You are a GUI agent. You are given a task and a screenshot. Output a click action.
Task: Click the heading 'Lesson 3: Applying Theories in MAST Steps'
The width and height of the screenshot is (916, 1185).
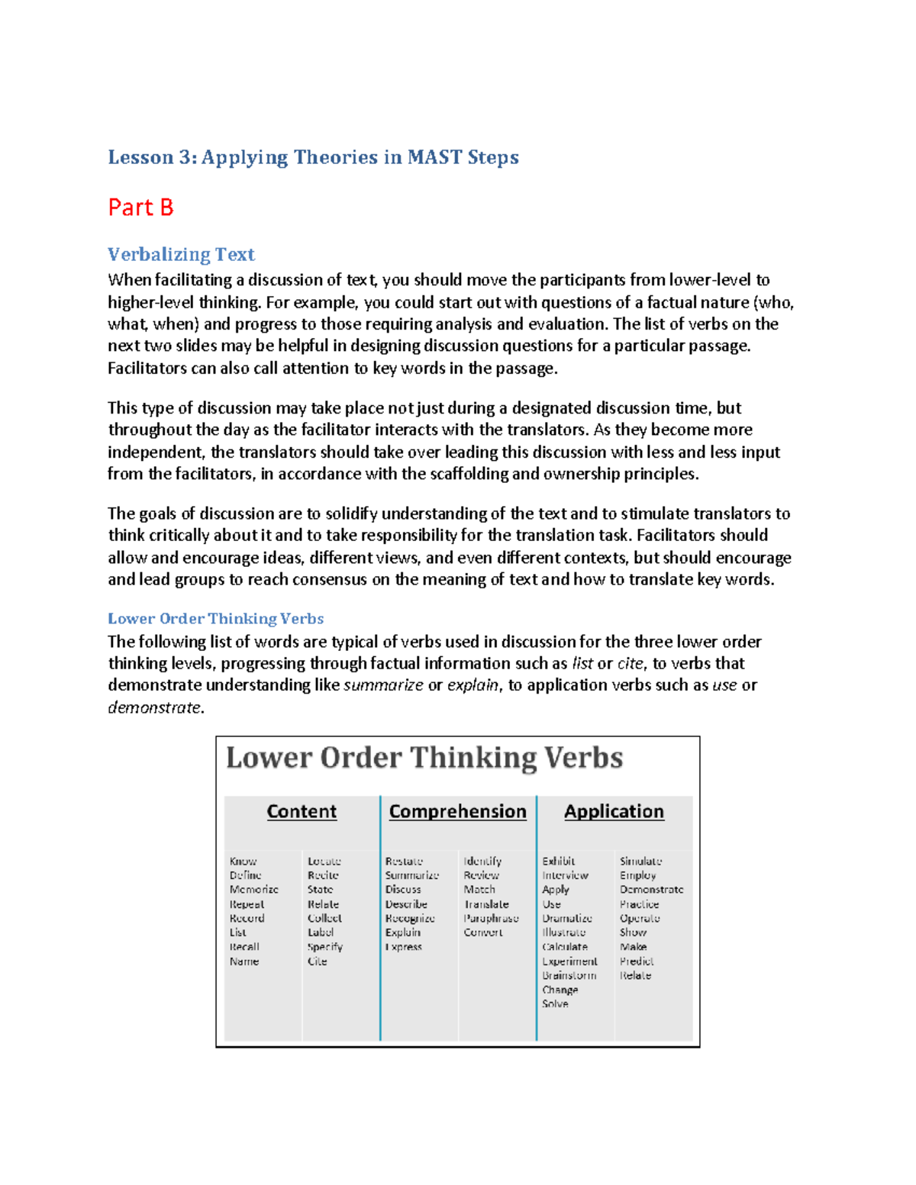pos(313,157)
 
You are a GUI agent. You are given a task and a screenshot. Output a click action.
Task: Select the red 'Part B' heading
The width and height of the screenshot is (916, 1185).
pos(141,208)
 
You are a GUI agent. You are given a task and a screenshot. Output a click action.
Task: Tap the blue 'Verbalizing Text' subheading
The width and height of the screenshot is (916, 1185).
pos(181,254)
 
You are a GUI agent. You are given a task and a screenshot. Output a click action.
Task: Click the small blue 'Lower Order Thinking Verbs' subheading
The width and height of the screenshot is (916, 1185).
pos(215,618)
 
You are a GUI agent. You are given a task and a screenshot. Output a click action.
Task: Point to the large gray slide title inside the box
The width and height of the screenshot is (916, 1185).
pos(424,758)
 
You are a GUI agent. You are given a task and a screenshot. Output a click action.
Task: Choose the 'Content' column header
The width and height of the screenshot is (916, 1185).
pos(302,811)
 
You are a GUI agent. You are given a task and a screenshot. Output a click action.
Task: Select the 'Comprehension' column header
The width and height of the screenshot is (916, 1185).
pos(457,811)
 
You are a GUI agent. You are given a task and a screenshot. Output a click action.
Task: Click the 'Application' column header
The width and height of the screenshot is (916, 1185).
pos(614,811)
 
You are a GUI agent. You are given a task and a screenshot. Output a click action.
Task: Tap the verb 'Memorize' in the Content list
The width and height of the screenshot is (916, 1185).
pos(253,890)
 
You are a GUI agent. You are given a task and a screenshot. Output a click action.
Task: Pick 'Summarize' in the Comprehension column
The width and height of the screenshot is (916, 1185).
pos(411,875)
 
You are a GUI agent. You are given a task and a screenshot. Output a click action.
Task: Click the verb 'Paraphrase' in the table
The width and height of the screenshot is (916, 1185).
pos(491,918)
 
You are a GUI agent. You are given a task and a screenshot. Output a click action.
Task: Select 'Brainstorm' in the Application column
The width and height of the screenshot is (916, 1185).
pos(569,975)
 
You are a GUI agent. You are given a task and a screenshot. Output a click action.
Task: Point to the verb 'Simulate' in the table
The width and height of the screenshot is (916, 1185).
pos(640,861)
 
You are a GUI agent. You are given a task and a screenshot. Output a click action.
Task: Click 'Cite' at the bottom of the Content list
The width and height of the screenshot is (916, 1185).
pos(317,961)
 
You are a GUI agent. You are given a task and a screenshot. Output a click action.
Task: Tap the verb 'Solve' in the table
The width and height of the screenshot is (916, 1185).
pos(555,1004)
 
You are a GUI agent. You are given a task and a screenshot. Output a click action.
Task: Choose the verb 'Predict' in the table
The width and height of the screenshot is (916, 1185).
pos(637,961)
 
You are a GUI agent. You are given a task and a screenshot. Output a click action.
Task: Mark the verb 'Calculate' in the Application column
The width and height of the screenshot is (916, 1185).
pos(564,947)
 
